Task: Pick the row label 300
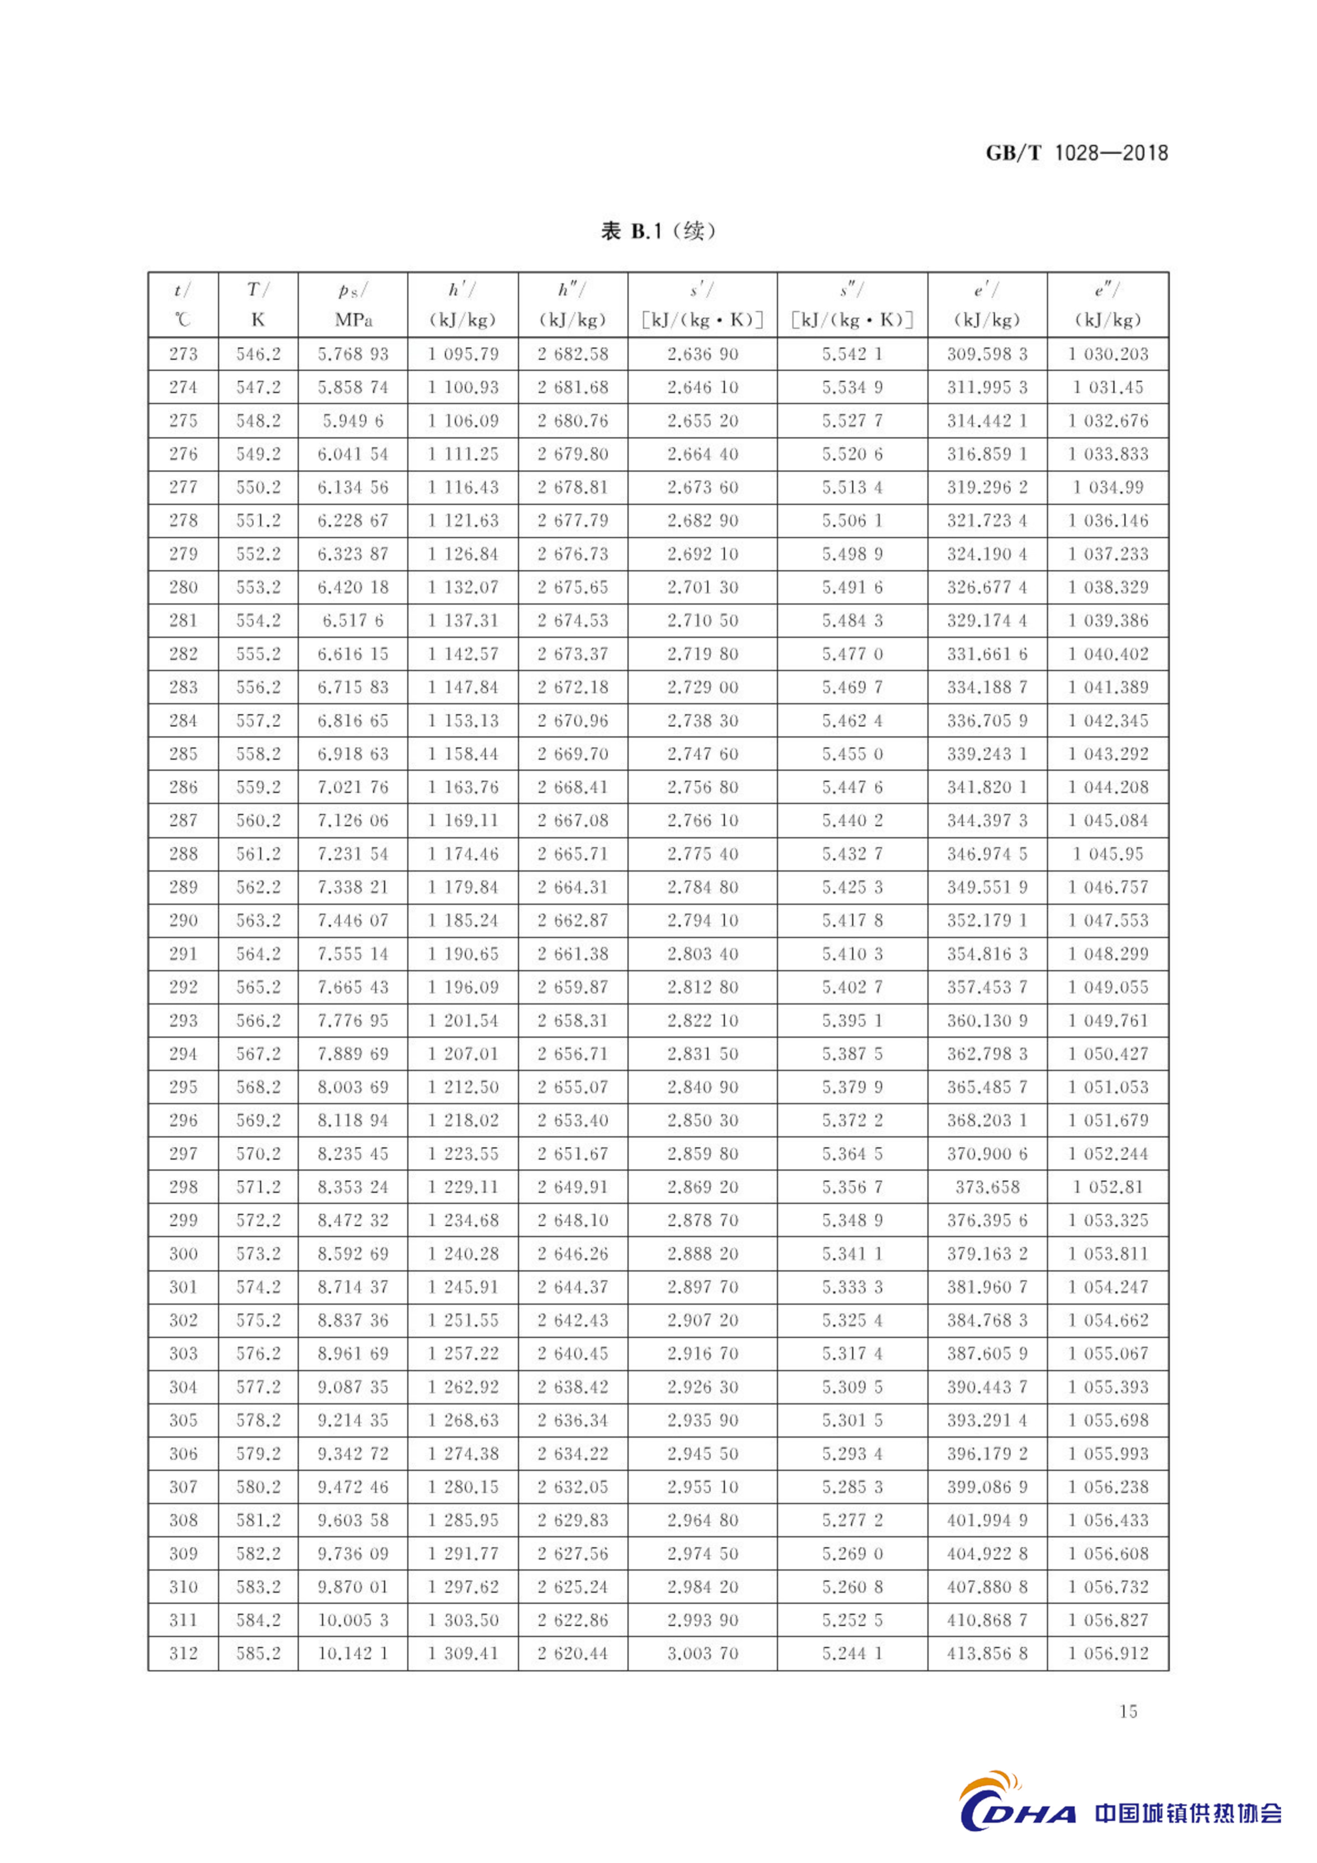183,1254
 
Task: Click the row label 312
183,1654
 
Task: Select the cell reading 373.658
987,1187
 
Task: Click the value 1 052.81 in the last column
1108,1187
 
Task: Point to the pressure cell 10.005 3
353,1620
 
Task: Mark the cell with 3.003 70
702,1654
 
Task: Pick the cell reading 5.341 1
852,1254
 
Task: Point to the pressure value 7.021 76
353,787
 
